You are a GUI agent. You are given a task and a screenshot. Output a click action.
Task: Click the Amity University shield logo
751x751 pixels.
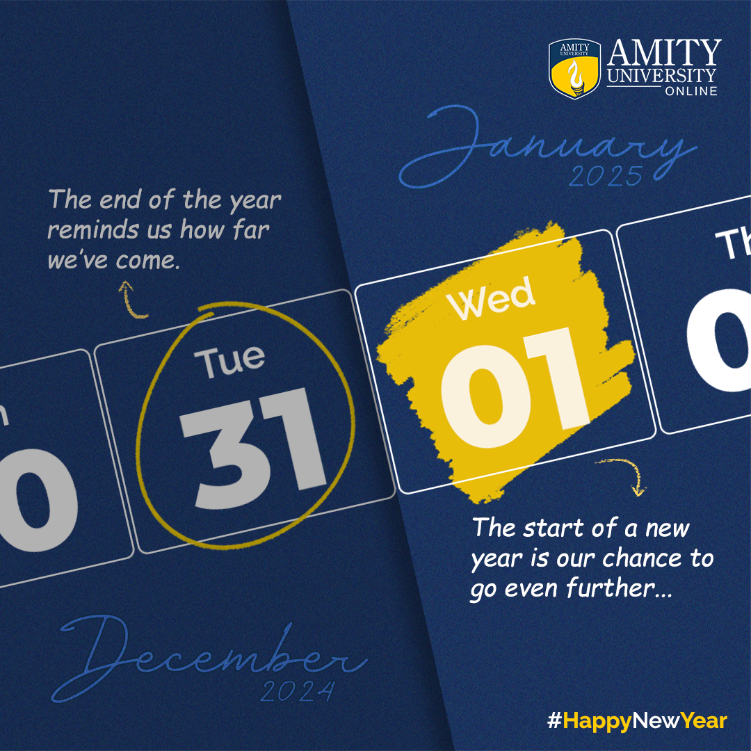(x=574, y=69)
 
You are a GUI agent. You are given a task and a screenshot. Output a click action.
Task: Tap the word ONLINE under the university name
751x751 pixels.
(x=691, y=91)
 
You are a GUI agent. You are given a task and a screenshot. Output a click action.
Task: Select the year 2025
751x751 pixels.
(x=606, y=176)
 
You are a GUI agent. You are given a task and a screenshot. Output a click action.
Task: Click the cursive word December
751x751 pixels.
(x=209, y=659)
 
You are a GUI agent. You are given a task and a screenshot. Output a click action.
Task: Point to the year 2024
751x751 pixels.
(x=298, y=691)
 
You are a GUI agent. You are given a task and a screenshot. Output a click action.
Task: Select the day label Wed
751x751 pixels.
(x=490, y=298)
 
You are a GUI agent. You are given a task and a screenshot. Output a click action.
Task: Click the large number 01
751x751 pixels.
(x=515, y=388)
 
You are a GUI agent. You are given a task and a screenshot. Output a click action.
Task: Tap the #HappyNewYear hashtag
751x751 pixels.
(x=637, y=721)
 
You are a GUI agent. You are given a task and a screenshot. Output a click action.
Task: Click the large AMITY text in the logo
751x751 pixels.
(x=664, y=52)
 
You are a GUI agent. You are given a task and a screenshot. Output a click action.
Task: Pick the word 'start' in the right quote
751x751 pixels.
(x=554, y=528)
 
